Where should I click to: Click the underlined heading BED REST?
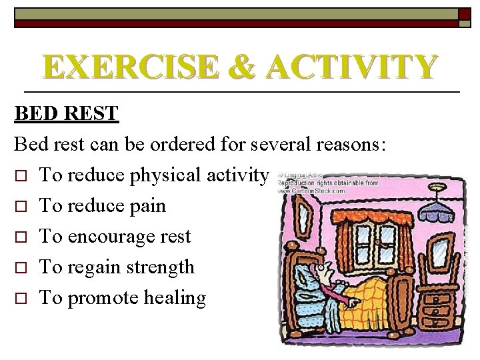tap(66, 114)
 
